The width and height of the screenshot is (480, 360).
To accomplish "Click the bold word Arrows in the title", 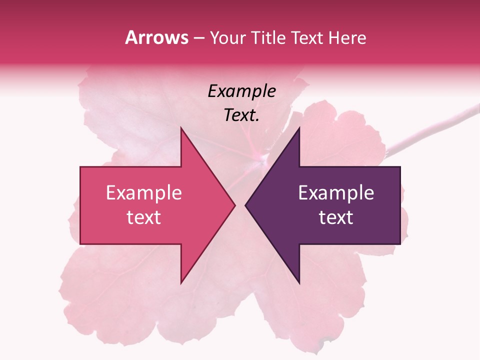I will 156,37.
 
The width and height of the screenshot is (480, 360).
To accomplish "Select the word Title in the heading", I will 268,38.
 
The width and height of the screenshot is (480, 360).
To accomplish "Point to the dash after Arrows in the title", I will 198,38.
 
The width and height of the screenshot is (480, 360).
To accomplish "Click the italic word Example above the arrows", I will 241,91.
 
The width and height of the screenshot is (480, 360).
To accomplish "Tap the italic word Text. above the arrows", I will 241,115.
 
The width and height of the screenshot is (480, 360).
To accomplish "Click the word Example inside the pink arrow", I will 143,193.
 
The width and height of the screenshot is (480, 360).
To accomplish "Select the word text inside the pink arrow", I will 143,217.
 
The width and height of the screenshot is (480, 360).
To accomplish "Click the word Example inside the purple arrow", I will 336,193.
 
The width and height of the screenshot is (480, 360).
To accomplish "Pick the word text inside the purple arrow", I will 336,217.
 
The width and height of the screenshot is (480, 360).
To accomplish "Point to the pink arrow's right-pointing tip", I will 234,205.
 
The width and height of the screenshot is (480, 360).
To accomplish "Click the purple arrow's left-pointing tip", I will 246,205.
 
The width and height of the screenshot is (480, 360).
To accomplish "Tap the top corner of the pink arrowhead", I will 181,128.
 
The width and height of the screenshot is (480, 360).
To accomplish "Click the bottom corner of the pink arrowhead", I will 181,283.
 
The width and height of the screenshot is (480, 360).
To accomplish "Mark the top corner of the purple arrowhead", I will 299,128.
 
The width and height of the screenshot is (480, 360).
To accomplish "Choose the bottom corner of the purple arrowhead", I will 299,283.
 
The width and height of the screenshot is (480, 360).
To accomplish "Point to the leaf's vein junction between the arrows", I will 262,158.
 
